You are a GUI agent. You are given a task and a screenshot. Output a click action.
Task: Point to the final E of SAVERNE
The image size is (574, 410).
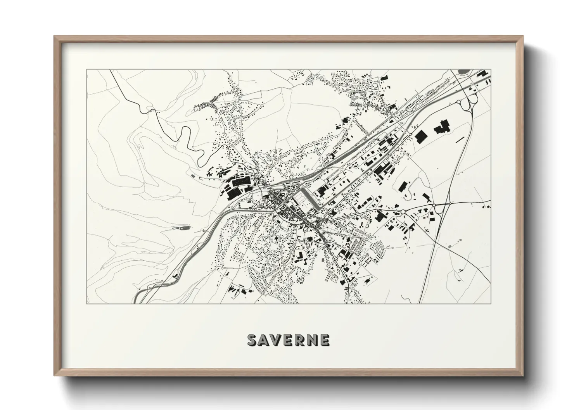click(x=325, y=340)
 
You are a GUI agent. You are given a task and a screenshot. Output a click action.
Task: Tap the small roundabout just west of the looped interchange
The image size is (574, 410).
click(x=458, y=102)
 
